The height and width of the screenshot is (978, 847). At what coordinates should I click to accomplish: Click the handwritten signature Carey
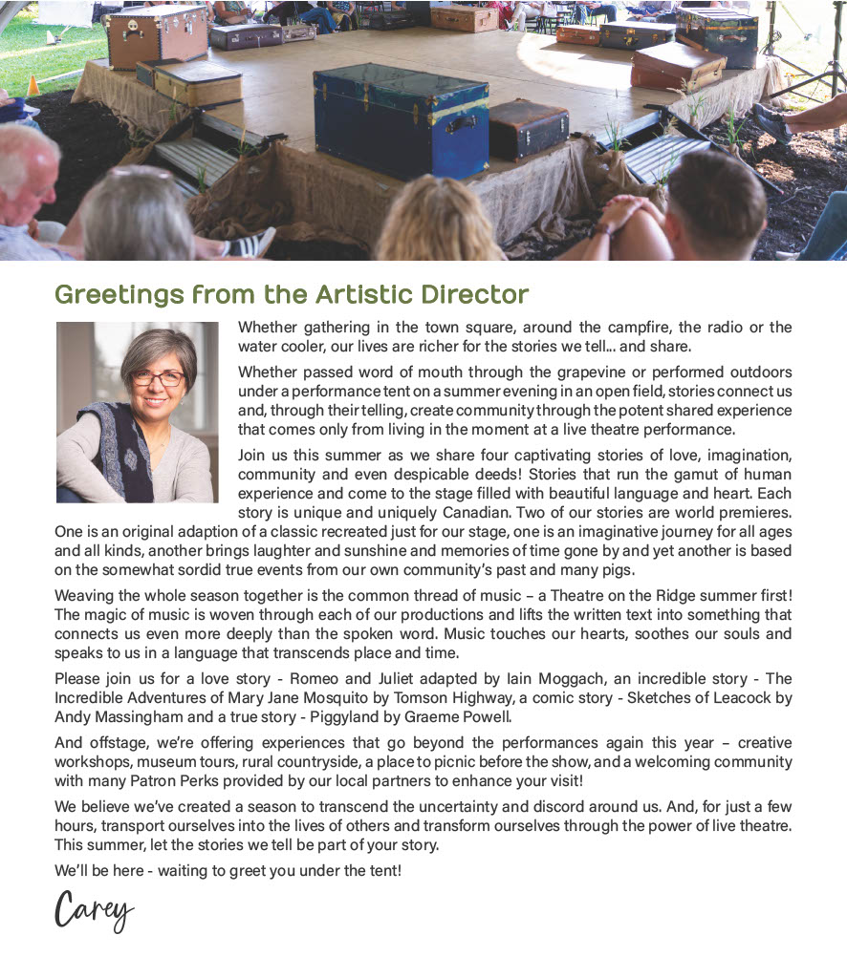point(94,911)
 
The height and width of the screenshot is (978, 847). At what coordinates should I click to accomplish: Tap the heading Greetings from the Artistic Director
point(292,294)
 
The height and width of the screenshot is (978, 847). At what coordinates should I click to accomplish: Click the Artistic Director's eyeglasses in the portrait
point(157,377)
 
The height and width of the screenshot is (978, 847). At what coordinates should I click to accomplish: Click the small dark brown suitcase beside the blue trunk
point(528,130)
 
